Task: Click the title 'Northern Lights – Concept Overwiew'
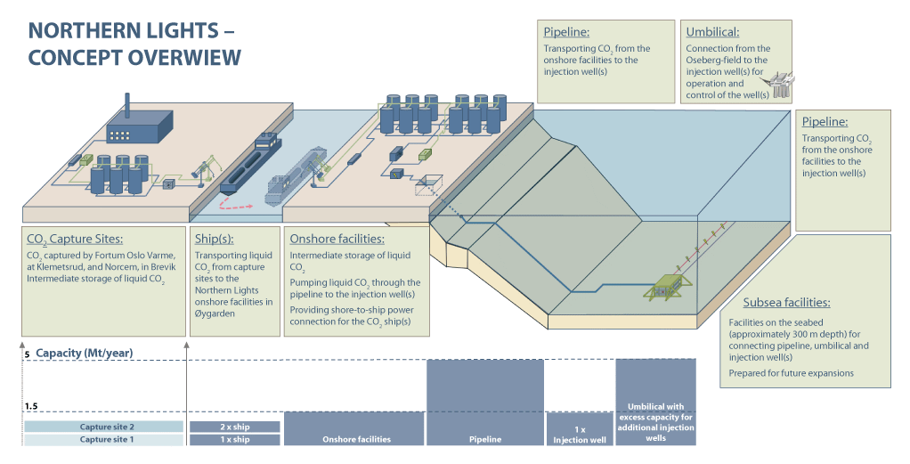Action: [x=134, y=44]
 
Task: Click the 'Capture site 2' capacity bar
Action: [x=103, y=427]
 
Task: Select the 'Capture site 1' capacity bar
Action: [x=103, y=439]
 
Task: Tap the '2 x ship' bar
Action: [x=235, y=427]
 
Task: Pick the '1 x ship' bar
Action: [x=235, y=439]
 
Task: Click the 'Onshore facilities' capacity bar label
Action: [x=354, y=439]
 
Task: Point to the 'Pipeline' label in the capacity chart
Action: [x=485, y=439]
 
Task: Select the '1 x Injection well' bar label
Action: [x=578, y=435]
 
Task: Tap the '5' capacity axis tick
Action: [x=27, y=354]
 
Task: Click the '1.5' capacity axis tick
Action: [x=29, y=406]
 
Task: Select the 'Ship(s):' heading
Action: [x=216, y=239]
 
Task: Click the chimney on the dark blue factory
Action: [x=128, y=105]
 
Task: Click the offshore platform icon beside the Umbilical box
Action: [x=782, y=85]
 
